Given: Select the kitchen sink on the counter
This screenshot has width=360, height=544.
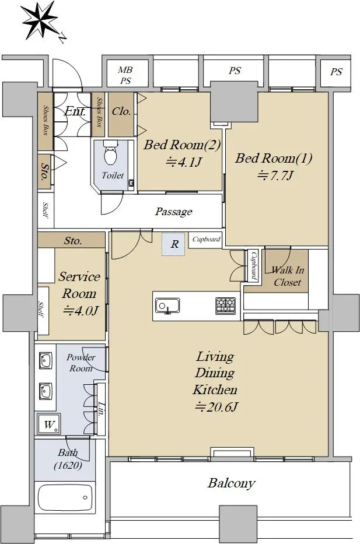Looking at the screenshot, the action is pos(167,306).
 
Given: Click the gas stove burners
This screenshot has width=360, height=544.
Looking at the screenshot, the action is pos(226,306).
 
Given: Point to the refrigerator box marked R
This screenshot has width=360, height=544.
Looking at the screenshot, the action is pos(173,244).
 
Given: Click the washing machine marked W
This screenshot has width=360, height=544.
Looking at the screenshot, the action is pos(49,424).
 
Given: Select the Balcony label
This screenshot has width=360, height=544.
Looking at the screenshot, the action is pos(232,483).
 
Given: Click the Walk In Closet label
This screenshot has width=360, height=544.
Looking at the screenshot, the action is pos(288,276).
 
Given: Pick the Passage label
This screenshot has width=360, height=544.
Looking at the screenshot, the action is pos(173,212).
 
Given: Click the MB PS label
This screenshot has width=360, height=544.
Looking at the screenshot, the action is pos(125,75).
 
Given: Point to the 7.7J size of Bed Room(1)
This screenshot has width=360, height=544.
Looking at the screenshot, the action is pos(275,176).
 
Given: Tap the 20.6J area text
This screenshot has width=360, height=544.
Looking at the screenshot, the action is pos(216,406).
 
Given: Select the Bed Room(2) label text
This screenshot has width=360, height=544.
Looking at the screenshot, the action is pos(182,145).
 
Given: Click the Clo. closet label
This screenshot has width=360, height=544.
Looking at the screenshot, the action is pos(121,111).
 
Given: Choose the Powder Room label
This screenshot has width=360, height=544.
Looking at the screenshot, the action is pos(81,363).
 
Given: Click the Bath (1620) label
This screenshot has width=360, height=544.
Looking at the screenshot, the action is pos(68,459).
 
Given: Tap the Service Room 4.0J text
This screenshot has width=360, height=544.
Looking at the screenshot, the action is pos(79,293).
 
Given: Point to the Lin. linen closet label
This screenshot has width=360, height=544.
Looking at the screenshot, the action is pos(101,409).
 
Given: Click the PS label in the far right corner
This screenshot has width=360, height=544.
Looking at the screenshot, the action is pos(336,72).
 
